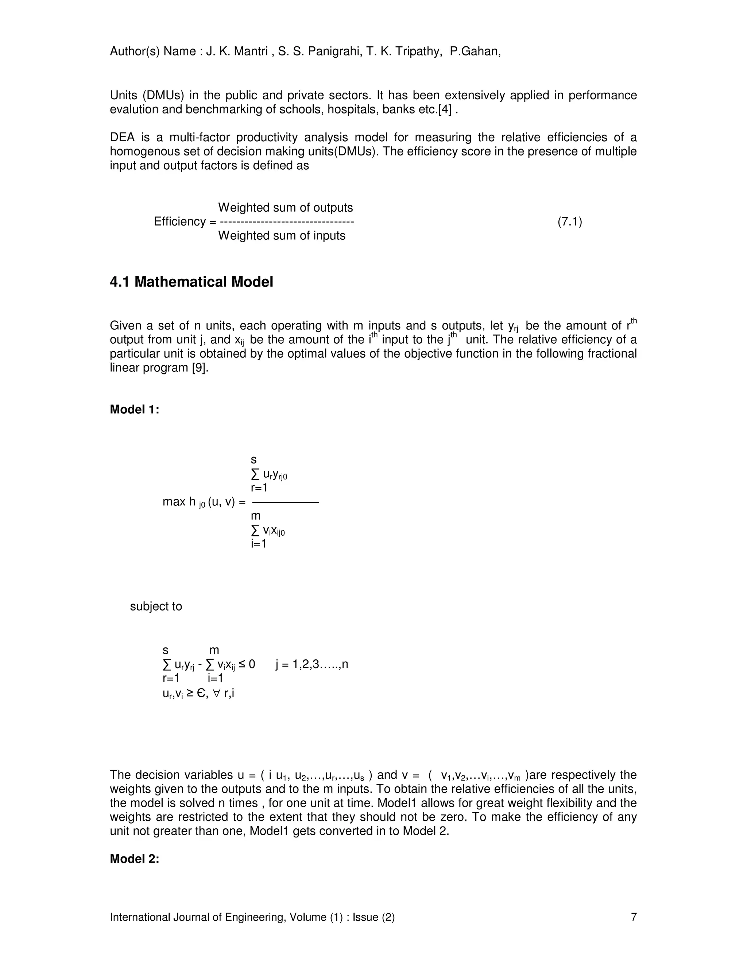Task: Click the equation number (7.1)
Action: click(569, 221)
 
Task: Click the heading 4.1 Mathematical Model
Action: click(191, 282)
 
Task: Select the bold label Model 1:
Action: click(134, 409)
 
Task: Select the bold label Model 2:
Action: click(134, 859)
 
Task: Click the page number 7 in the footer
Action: click(634, 917)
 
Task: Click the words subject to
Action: click(156, 606)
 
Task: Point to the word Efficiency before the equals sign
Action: click(180, 221)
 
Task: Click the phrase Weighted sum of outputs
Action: click(286, 208)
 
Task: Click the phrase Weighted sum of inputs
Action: click(282, 236)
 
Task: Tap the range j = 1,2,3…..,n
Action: click(311, 664)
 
